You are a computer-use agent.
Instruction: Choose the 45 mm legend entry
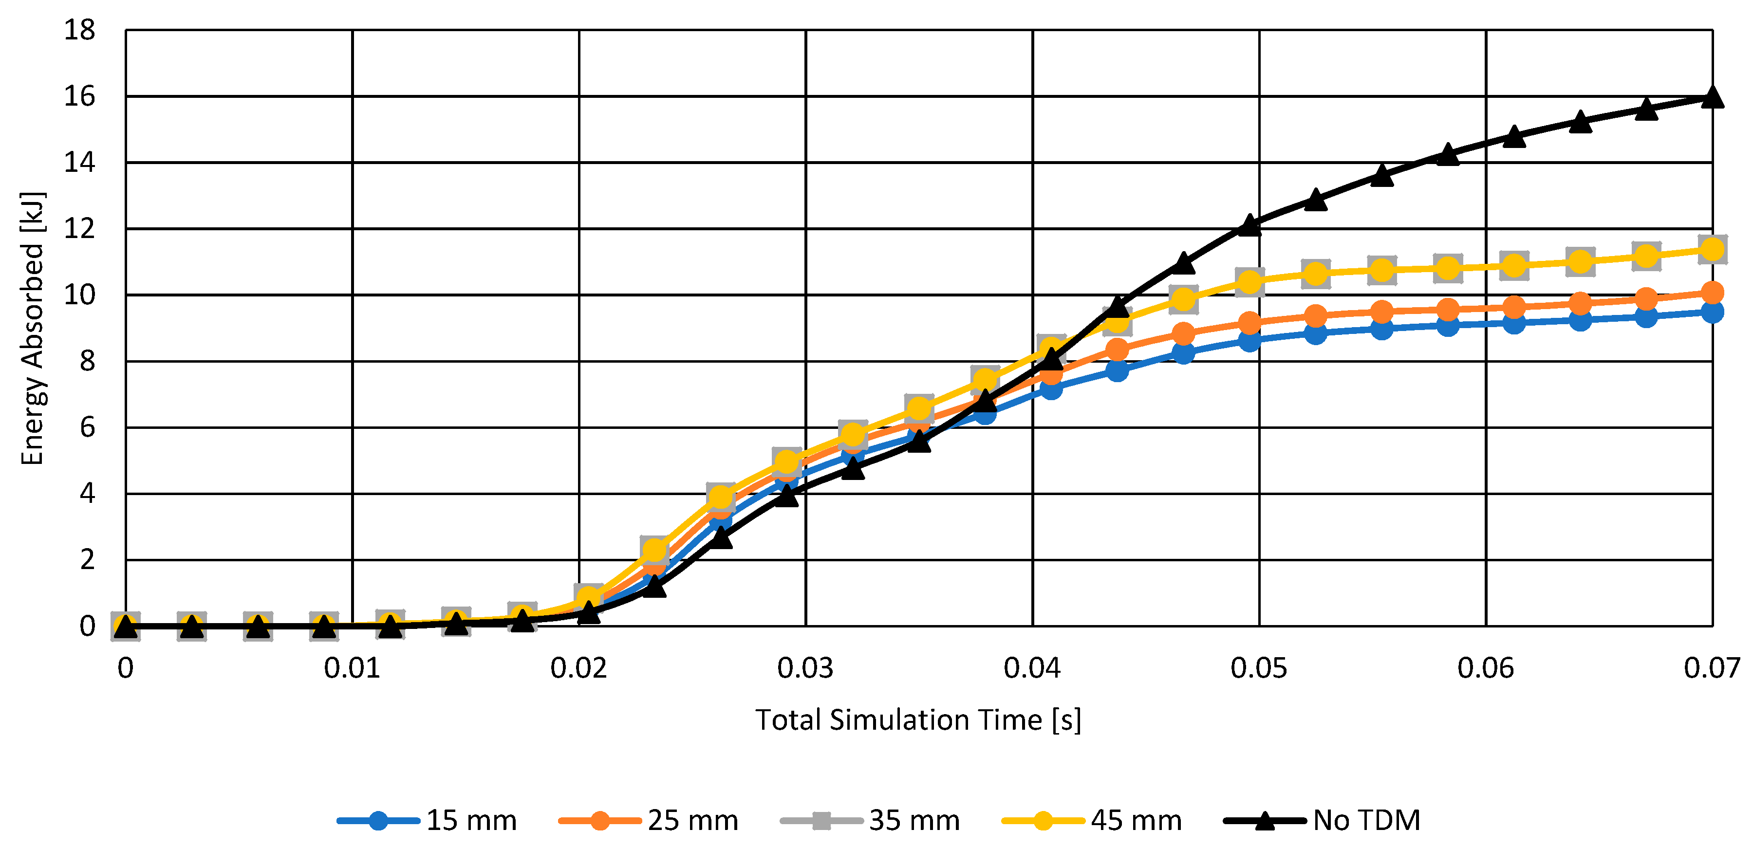1092,820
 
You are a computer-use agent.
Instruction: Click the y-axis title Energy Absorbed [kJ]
32,328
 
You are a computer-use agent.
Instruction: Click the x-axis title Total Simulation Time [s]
918,720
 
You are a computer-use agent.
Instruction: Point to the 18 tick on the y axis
80,30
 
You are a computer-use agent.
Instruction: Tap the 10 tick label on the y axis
80,295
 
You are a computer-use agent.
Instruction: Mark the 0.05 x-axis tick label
1258,668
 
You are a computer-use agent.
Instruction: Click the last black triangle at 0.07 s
1712,98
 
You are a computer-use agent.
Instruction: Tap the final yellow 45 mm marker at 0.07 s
1712,249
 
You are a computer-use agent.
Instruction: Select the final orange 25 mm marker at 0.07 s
1712,293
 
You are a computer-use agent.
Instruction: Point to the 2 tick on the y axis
87,560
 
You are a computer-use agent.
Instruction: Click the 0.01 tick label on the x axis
352,668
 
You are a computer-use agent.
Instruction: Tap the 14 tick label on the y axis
80,163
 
